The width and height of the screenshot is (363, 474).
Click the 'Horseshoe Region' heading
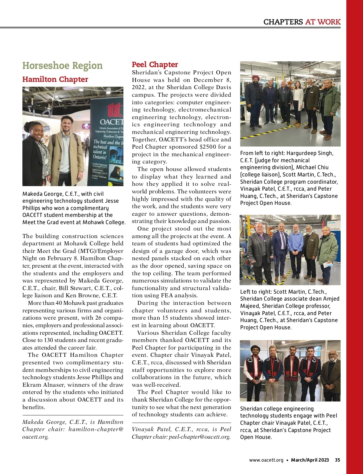pos(62,66)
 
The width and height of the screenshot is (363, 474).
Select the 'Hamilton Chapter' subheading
pos(55,79)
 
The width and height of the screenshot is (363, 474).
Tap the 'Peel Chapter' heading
pos(155,64)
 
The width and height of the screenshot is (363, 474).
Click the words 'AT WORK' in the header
pos(323,22)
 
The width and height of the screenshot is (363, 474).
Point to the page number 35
pos(337,460)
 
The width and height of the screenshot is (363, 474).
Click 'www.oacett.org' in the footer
pos(266,460)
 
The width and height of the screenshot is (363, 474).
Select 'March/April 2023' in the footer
pos(310,460)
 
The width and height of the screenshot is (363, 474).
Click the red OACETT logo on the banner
pos(114,109)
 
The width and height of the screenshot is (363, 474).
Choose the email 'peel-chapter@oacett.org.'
pos(200,437)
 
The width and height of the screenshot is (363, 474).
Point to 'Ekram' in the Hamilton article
pos(31,385)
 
